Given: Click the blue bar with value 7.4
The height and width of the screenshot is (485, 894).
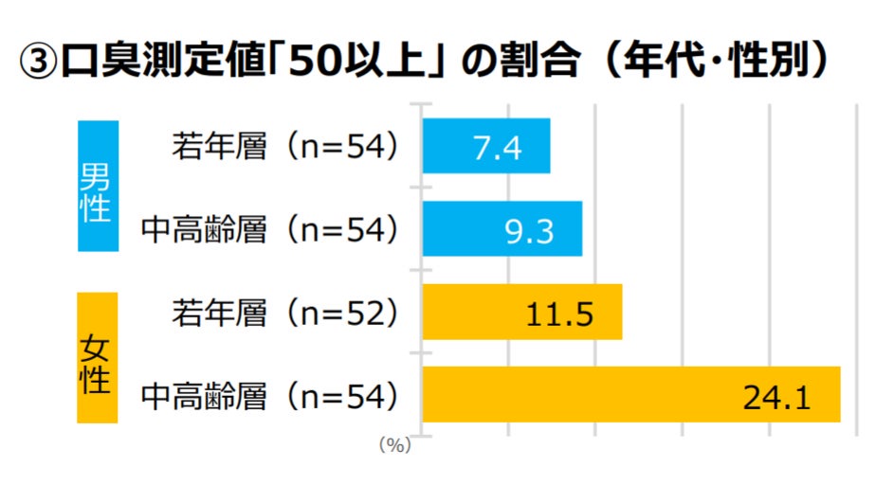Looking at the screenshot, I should [x=485, y=146].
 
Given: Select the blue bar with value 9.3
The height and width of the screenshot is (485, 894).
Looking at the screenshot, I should [x=502, y=228].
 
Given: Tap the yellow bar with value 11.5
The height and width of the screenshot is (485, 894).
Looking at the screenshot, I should [x=521, y=312].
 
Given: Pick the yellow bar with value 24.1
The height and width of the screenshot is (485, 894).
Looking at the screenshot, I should [x=630, y=394].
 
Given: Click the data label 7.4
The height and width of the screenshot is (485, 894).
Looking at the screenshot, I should [x=497, y=148].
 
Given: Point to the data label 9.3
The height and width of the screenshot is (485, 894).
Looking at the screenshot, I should [x=529, y=230].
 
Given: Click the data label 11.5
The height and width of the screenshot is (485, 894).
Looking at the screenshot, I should [x=559, y=314].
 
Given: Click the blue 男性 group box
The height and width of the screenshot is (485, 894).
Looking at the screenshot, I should [x=97, y=187].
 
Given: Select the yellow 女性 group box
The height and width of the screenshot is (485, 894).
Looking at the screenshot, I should [x=97, y=358].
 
